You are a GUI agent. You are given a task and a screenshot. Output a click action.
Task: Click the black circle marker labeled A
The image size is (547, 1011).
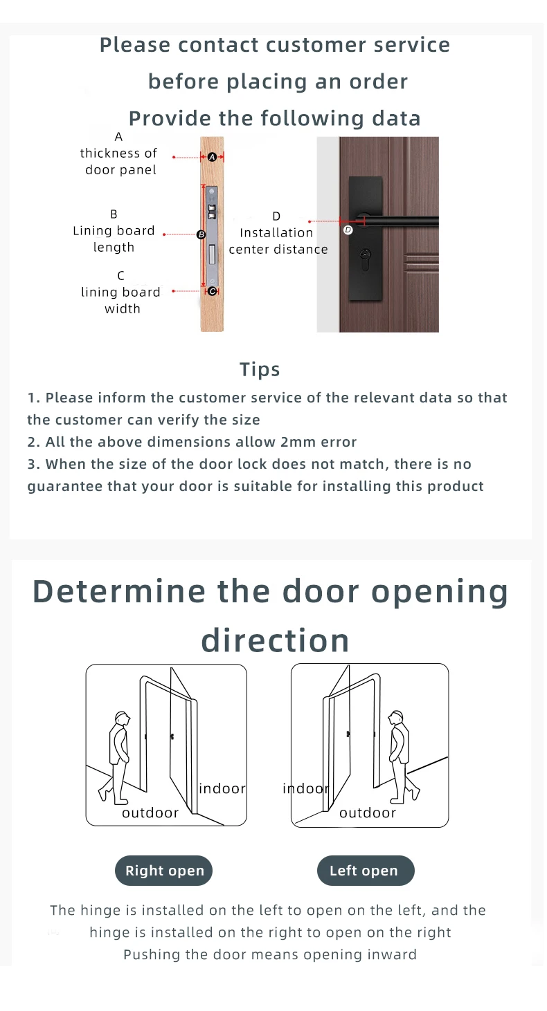tap(212, 157)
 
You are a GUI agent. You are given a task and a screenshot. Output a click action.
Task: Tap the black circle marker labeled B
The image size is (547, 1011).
tap(201, 234)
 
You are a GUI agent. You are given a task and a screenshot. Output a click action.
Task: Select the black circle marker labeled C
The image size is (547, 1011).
tap(212, 292)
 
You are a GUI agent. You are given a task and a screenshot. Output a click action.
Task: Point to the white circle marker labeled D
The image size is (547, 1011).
tap(348, 230)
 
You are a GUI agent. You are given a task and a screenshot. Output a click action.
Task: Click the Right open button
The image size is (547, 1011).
tap(163, 871)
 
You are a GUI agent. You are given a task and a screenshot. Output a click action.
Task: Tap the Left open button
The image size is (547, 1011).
tap(366, 871)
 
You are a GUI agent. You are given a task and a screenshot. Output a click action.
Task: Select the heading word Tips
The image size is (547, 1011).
tap(260, 369)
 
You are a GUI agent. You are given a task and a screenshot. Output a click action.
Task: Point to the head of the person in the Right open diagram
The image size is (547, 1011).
tap(122, 718)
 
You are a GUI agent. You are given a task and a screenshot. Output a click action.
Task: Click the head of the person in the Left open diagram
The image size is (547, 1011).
tap(395, 717)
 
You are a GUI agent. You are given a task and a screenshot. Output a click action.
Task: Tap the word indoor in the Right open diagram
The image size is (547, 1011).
tap(222, 788)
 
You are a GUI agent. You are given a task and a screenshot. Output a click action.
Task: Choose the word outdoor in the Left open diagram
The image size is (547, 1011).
tap(368, 813)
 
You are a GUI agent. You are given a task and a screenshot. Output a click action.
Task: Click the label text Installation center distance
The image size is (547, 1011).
tap(278, 241)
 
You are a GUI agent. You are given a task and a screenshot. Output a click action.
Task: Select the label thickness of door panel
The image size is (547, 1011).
tap(119, 162)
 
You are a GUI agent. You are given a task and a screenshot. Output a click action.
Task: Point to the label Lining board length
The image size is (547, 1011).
tap(114, 239)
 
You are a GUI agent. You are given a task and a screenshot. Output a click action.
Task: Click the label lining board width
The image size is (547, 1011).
tap(120, 301)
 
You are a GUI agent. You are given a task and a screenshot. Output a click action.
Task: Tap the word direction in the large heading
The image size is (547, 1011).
tap(276, 641)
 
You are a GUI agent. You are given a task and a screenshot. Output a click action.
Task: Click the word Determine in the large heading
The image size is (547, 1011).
tap(119, 592)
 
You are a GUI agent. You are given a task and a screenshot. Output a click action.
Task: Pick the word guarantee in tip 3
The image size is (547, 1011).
tap(64, 487)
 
